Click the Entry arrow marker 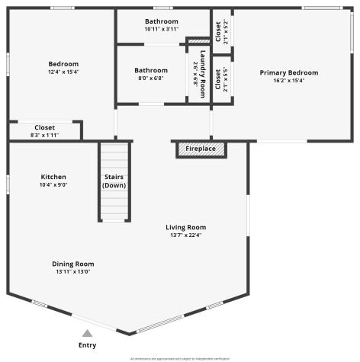tap(88, 333)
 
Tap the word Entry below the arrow tap(88, 345)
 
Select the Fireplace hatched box tap(201, 149)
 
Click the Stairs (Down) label tap(114, 181)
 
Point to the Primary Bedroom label tap(288, 72)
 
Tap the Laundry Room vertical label tap(204, 74)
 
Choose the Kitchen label tap(53, 177)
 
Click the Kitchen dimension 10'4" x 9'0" tap(53, 184)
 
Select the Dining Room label tap(74, 264)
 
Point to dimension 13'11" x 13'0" tap(74, 271)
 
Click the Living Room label tap(186, 227)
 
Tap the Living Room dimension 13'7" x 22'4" tap(186, 235)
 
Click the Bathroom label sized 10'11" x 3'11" tap(161, 21)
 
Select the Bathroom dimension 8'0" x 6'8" tap(151, 78)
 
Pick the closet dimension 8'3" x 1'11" tap(44, 135)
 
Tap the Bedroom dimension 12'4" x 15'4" tap(63, 72)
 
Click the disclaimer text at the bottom tap(180, 358)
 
